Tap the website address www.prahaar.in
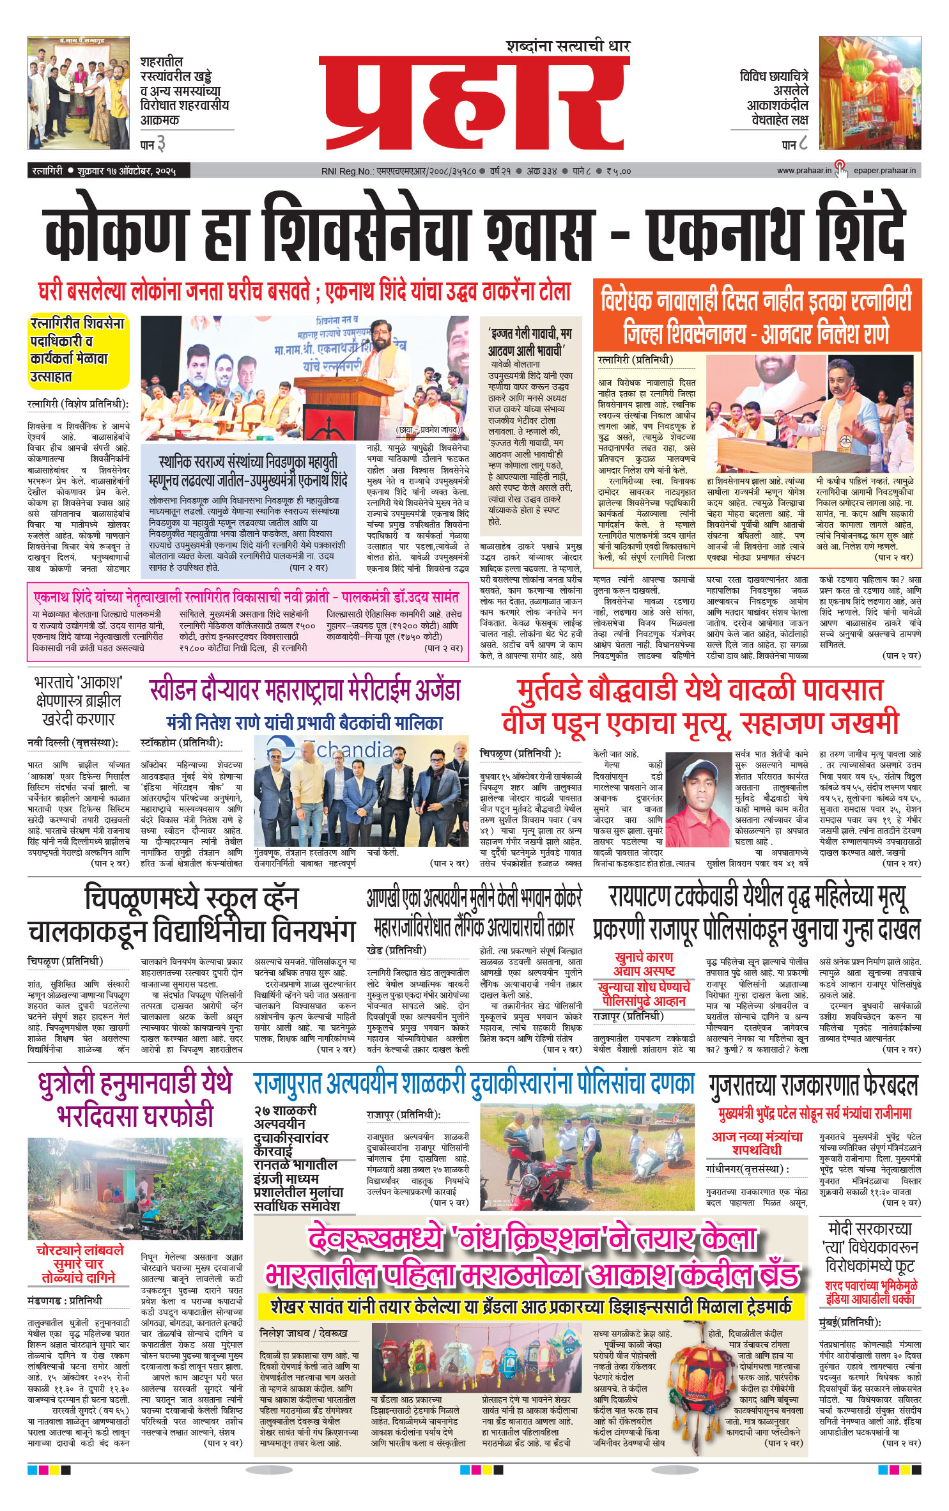[803, 171]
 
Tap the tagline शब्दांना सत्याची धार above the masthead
[567, 46]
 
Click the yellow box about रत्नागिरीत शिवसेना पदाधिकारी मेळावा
[77, 350]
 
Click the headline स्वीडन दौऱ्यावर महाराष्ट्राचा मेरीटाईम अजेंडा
[304, 690]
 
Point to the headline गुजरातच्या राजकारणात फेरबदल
[813, 1085]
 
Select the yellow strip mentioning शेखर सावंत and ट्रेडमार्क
[530, 1303]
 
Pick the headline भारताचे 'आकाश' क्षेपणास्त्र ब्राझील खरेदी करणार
[78, 701]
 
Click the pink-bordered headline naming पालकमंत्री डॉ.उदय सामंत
[246, 598]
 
